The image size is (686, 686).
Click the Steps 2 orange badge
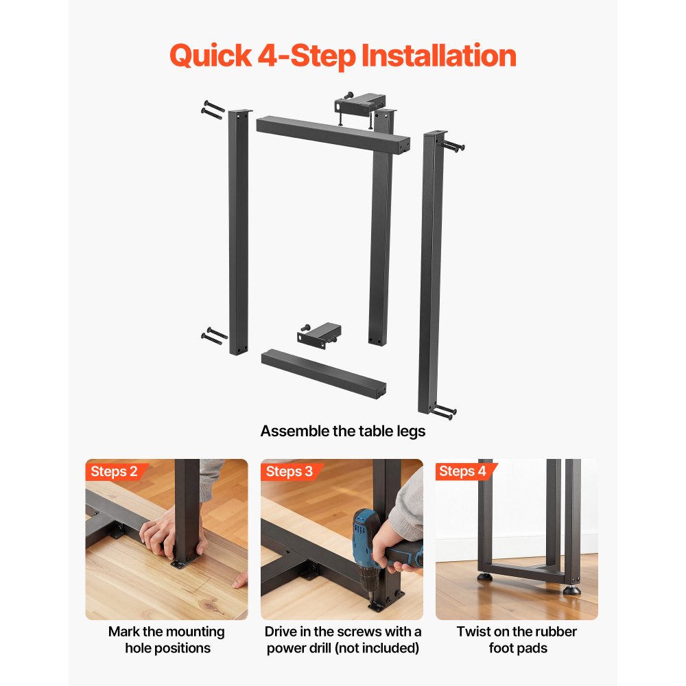(x=114, y=471)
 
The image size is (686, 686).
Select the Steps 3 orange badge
(x=289, y=471)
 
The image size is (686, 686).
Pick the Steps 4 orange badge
(x=462, y=471)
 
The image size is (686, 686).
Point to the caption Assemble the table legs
(x=342, y=431)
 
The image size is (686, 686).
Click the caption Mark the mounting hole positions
(x=167, y=639)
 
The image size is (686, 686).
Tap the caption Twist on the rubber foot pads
(x=517, y=639)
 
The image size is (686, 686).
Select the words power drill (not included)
(x=343, y=648)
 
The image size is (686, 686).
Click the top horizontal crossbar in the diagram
(x=333, y=135)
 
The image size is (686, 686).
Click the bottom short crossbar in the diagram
(x=322, y=372)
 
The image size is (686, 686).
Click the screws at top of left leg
(x=213, y=108)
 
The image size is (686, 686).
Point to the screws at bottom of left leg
(x=214, y=335)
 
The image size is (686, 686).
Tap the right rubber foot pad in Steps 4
(x=571, y=589)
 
